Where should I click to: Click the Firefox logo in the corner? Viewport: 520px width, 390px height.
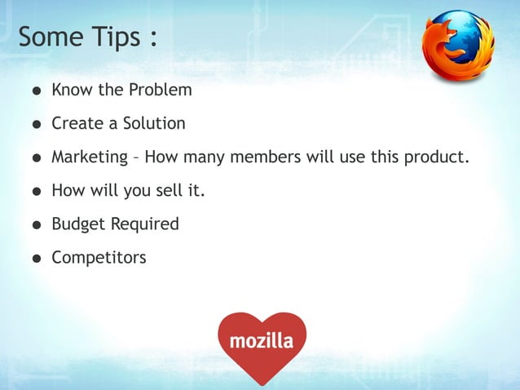click(458, 44)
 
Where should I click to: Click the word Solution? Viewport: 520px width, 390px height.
click(154, 123)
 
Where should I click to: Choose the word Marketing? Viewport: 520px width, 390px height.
click(90, 157)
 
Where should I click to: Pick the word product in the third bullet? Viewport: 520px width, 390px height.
click(439, 157)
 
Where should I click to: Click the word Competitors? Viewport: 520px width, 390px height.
click(99, 258)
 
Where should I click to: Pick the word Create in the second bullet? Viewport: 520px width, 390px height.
click(77, 123)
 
